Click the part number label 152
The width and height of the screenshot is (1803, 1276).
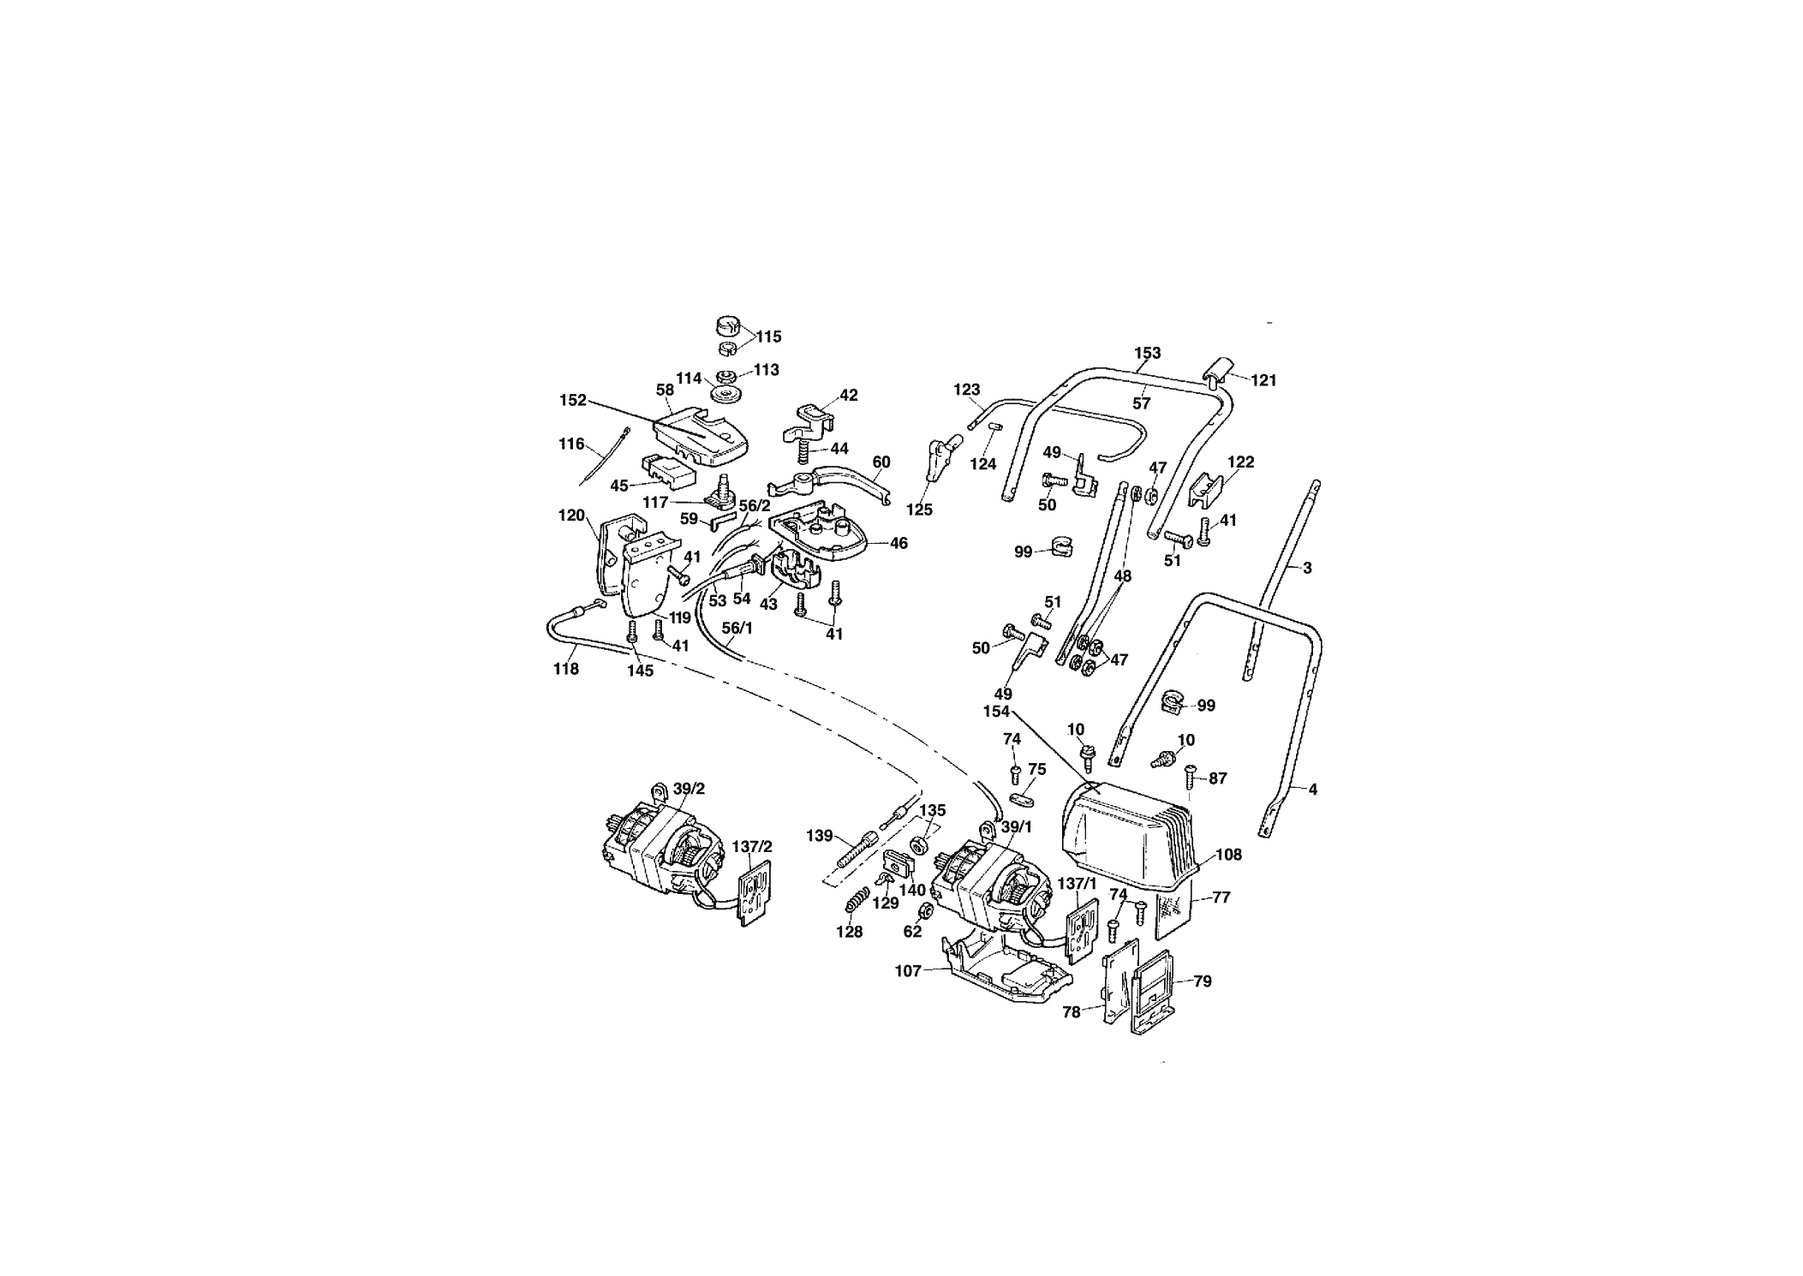pos(573,400)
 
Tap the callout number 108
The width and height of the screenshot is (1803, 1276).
pos(1228,854)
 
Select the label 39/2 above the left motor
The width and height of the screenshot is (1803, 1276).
pos(689,789)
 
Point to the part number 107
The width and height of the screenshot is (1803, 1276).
pos(908,970)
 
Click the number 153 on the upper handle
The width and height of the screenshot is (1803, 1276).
pos(1148,353)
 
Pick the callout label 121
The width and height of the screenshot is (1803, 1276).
pos(1263,380)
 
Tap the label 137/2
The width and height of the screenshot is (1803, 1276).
pos(752,846)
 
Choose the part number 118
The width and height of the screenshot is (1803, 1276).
pos(566,669)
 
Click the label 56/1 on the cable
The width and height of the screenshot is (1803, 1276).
pos(737,628)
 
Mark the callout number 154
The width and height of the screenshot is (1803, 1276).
pos(998,712)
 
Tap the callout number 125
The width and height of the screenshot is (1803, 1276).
pos(919,510)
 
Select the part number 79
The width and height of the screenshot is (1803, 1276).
pos(1203,981)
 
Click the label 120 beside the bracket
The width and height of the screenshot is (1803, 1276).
pos(571,516)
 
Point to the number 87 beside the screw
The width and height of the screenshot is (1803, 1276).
pos(1217,778)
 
